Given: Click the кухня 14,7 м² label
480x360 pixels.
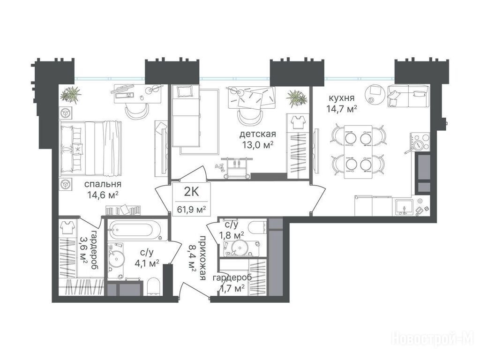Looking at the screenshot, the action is pyautogui.click(x=342, y=104).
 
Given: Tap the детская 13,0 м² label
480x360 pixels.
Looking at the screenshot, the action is pyautogui.click(x=257, y=139).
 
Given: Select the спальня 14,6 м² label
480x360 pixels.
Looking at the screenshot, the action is pyautogui.click(x=103, y=189).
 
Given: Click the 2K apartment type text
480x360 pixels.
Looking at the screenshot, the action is pyautogui.click(x=192, y=192).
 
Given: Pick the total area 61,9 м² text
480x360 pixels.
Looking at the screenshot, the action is pyautogui.click(x=191, y=210).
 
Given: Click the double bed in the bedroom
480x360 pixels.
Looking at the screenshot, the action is pyautogui.click(x=91, y=149).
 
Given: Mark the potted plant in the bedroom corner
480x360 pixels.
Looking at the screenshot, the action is pyautogui.click(x=71, y=95).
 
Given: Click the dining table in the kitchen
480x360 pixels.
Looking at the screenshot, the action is pyautogui.click(x=358, y=152).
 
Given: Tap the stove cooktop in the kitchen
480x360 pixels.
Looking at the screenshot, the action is pyautogui.click(x=420, y=142).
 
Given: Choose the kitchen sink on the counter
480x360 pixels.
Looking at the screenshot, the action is pyautogui.click(x=404, y=207).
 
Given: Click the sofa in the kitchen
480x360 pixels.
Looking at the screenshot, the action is pyautogui.click(x=408, y=96).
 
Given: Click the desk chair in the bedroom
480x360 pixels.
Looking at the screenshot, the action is pyautogui.click(x=137, y=112).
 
